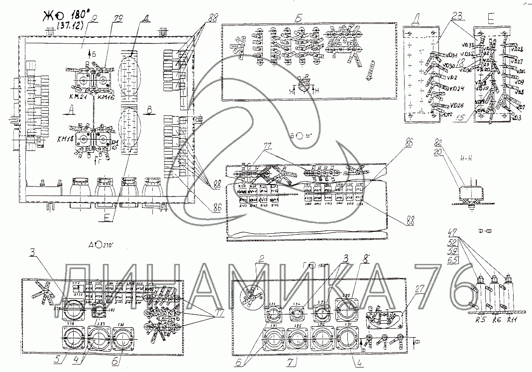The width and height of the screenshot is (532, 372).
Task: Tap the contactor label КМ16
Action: [x=106, y=98]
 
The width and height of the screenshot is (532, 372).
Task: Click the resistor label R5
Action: [x=480, y=321]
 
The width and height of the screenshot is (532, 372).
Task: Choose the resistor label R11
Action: [x=512, y=321]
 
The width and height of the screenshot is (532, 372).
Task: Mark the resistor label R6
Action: [x=496, y=321]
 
